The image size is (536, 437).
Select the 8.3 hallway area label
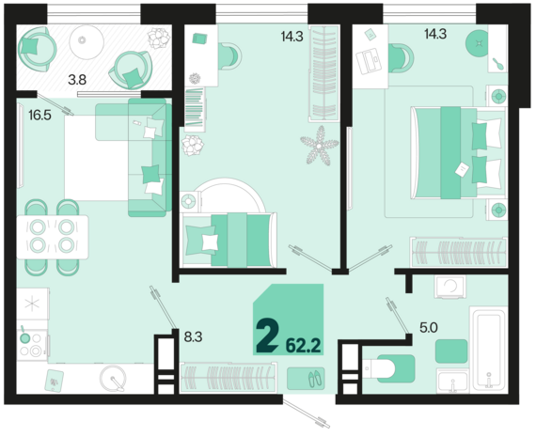tap(193, 334)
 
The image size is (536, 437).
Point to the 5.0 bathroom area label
tap(428, 328)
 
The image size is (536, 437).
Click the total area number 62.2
tap(303, 345)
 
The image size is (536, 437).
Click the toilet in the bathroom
tap(389, 368)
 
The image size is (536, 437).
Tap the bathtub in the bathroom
tap(488, 349)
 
